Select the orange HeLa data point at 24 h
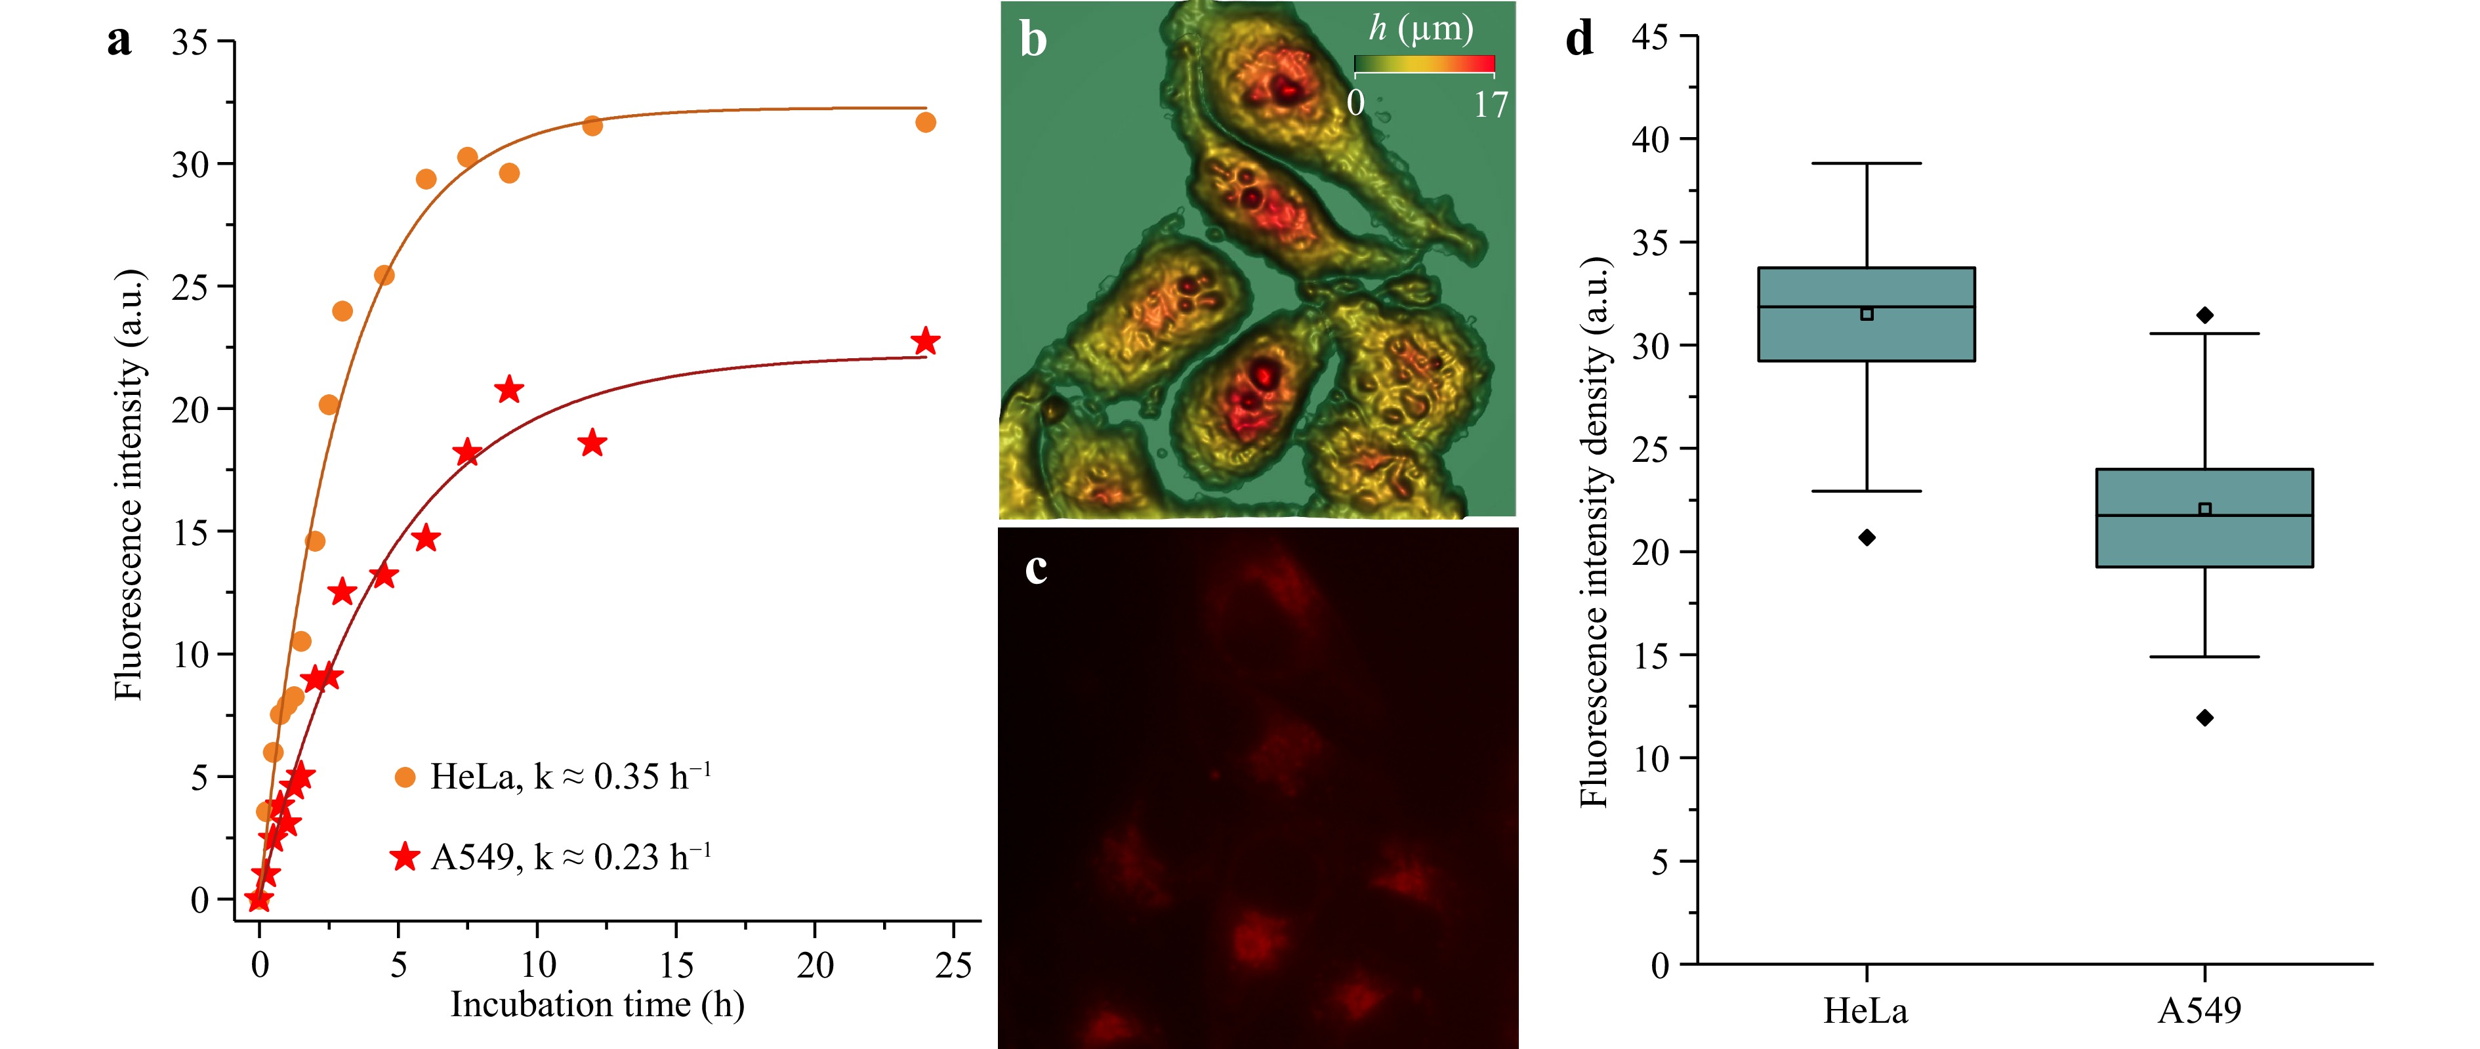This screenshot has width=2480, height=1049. point(925,122)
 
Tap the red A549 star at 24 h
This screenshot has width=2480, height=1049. point(925,342)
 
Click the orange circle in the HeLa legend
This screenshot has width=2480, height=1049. point(405,777)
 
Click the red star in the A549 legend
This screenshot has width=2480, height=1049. point(405,855)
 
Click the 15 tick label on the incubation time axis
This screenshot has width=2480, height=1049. point(676,964)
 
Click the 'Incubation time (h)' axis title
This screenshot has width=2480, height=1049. point(597,1005)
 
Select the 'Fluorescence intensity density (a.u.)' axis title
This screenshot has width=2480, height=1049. point(1594,532)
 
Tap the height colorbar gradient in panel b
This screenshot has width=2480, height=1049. point(1424,64)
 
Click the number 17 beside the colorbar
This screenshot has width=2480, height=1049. point(1491,104)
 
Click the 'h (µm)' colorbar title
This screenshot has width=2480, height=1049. point(1421,29)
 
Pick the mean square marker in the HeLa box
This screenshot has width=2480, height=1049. point(1867,314)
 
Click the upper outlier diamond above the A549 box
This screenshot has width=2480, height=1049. point(2204,316)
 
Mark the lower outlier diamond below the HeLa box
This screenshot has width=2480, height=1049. point(1867,537)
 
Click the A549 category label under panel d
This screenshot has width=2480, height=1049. point(2200,1010)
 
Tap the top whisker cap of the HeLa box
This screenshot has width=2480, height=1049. point(1867,163)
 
